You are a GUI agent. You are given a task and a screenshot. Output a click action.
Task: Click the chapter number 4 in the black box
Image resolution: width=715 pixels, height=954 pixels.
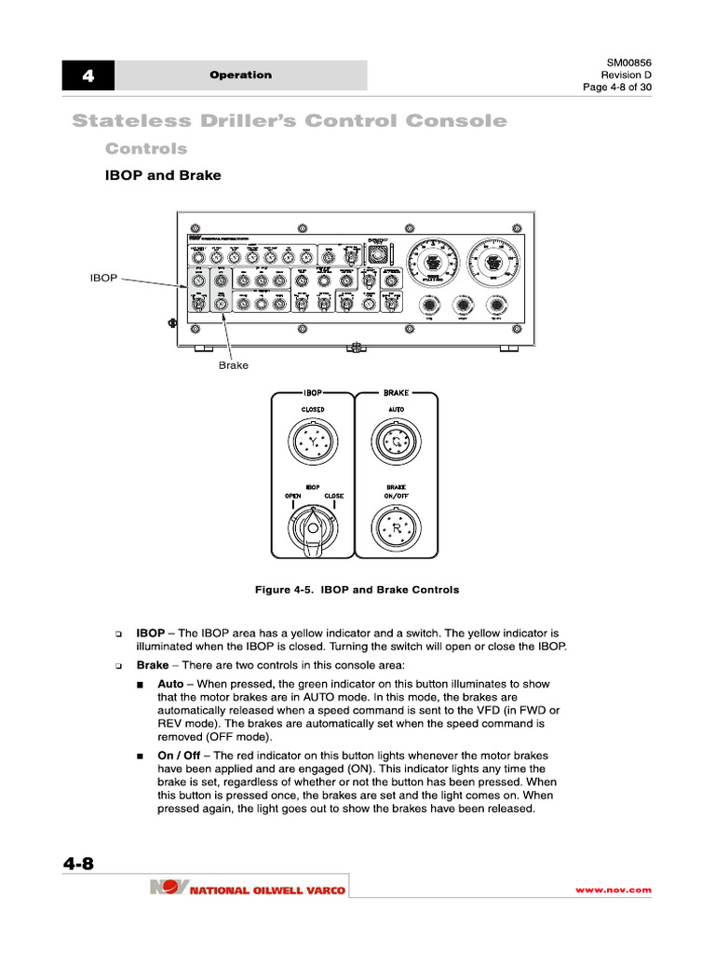[88, 75]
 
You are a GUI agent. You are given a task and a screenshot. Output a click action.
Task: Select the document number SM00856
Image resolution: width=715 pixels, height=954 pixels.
[628, 62]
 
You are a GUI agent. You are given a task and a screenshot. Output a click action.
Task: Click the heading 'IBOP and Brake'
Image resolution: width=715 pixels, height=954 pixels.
[163, 175]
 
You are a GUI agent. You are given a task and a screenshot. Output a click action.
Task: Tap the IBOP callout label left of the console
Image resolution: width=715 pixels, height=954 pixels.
[102, 278]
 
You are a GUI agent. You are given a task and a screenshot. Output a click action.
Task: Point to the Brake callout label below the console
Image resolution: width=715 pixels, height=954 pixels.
[233, 365]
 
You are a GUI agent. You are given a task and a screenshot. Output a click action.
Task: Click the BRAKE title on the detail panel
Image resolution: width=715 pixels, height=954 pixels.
[396, 393]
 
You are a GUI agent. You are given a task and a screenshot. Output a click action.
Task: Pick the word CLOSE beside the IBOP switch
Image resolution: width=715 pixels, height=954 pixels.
[333, 496]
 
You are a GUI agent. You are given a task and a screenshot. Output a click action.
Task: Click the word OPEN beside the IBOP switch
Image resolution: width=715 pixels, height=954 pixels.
[293, 496]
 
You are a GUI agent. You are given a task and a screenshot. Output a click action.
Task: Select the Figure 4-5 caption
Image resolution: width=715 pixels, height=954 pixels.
[357, 590]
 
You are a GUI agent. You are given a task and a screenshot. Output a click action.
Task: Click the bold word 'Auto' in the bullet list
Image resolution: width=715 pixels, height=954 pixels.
[170, 683]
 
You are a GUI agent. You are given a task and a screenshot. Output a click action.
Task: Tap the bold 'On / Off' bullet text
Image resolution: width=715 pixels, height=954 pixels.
[179, 755]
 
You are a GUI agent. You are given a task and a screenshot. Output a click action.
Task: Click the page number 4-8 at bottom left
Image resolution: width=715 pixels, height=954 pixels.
[79, 864]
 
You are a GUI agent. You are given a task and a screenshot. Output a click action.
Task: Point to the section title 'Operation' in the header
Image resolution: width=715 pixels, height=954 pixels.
[240, 75]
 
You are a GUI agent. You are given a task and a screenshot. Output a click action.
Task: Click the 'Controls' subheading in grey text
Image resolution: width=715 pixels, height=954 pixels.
[146, 149]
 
